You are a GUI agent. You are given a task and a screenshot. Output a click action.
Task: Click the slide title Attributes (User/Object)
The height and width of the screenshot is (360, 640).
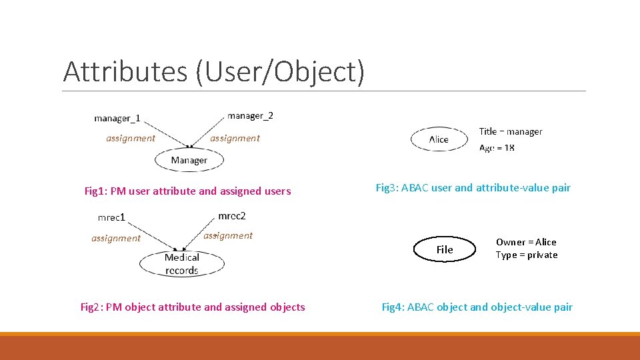[213, 71]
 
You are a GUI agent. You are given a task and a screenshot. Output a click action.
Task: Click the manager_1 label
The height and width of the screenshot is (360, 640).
[117, 119]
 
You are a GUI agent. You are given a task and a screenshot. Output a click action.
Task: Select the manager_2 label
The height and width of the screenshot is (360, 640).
[250, 115]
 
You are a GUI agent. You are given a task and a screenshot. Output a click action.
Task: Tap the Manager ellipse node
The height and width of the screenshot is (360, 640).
[189, 160]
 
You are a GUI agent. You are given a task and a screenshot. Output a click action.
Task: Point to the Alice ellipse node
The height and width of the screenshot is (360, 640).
[439, 139]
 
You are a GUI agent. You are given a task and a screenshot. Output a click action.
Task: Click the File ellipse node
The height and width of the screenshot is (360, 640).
[445, 249]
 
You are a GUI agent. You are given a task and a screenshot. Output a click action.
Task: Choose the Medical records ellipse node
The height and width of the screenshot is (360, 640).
[181, 264]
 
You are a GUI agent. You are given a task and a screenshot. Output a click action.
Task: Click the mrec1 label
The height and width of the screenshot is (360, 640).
[111, 217]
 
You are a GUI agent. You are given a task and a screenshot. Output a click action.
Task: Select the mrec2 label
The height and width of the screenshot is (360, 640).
[232, 216]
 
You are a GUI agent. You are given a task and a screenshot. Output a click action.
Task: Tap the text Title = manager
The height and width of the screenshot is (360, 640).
[511, 131]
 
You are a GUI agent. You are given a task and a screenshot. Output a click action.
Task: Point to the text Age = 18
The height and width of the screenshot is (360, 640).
[497, 148]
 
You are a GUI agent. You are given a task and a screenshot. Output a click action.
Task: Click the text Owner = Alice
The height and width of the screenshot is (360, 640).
[526, 242]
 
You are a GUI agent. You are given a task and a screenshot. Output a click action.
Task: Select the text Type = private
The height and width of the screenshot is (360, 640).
[527, 255]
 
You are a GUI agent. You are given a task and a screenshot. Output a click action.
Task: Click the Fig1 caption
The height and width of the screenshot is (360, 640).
[187, 191]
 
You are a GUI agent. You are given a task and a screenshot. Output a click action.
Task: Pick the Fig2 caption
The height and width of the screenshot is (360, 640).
[193, 307]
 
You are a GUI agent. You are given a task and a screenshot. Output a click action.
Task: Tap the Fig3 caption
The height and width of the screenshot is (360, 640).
[473, 188]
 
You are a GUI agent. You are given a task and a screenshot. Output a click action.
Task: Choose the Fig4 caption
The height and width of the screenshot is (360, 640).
[477, 307]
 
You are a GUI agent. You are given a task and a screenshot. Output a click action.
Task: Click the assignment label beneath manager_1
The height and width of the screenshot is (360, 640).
[131, 139]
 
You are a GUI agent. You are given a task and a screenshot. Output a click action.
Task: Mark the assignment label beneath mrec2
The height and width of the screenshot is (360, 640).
[228, 235]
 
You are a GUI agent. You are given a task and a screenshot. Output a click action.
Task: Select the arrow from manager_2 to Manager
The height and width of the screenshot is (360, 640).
[209, 132]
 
